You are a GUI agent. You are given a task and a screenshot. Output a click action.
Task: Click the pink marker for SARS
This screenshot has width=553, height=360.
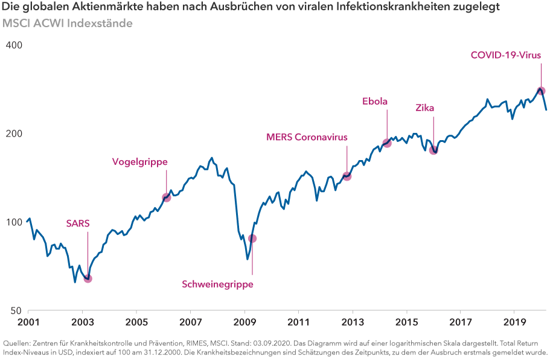click(88, 278)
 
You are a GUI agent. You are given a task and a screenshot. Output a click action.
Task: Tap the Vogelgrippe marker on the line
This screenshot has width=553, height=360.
click(167, 198)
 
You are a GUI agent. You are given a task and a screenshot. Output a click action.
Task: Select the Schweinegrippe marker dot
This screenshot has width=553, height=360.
click(252, 239)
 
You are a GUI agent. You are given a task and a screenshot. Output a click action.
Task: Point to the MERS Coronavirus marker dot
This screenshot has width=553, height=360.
click(347, 176)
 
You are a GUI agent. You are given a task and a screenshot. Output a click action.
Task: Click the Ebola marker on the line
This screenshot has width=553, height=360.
click(387, 143)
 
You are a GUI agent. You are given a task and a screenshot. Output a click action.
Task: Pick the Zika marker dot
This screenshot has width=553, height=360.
click(433, 150)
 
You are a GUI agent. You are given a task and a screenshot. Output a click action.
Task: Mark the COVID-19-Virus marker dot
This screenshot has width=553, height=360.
click(541, 91)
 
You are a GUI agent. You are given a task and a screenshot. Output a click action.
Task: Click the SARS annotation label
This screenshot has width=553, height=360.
click(78, 223)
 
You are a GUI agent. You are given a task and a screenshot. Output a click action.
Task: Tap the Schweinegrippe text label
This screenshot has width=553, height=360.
click(218, 284)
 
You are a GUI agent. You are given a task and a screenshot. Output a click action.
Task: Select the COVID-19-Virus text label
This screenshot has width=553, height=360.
click(506, 55)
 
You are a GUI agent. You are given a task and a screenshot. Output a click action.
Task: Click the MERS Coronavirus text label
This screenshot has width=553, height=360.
click(307, 137)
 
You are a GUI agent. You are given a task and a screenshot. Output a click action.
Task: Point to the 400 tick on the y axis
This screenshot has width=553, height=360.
click(14, 46)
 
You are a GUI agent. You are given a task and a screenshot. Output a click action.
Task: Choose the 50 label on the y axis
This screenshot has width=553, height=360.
click(17, 310)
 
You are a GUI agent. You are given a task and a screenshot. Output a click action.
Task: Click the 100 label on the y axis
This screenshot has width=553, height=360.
click(14, 222)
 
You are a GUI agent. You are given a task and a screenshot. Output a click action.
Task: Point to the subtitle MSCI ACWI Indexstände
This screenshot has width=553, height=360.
click(67, 23)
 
